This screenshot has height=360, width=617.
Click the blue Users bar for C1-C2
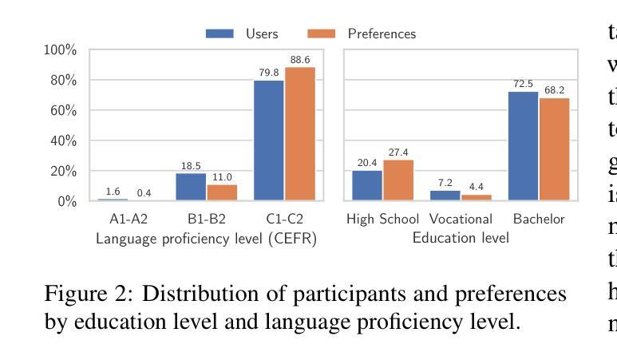coord(269,140)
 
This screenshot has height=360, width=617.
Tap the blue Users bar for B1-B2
coord(191,187)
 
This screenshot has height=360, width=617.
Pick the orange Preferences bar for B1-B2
coord(222,192)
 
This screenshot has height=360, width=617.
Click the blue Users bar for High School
coord(367,185)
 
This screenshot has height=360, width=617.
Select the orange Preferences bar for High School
coord(398,180)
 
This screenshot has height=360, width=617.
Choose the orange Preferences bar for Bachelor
coord(554,149)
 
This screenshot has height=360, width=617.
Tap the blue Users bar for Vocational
coord(445,196)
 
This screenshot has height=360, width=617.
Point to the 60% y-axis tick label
coord(60,110)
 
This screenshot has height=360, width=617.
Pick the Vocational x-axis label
coord(461,219)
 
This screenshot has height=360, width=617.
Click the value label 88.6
coord(300,60)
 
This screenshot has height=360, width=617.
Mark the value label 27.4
coord(398,152)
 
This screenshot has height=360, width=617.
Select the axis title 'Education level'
coord(461,238)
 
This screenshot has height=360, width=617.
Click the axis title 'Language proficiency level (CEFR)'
coord(206,238)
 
